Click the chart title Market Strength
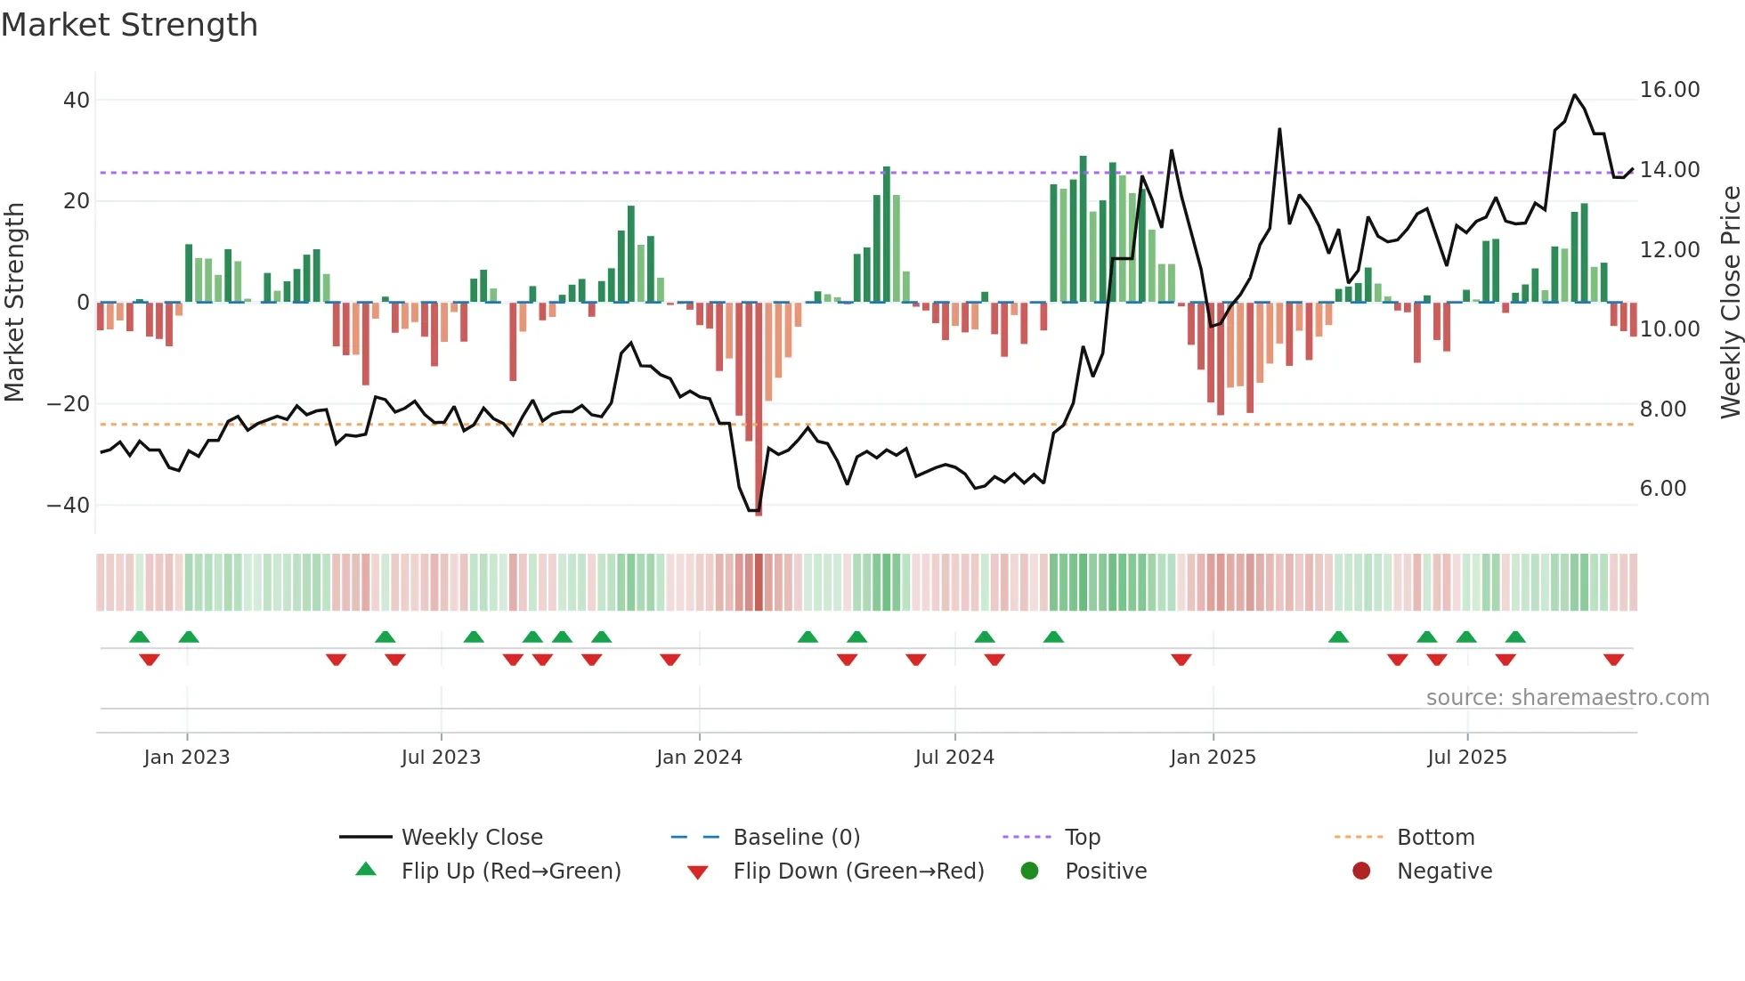(x=129, y=25)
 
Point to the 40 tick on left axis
(x=77, y=101)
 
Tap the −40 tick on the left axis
(x=69, y=506)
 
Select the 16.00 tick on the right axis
(x=1669, y=90)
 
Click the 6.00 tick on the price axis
(x=1663, y=489)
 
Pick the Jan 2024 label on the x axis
(x=699, y=758)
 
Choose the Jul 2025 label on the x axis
(x=1466, y=758)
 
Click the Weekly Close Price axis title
(x=1730, y=303)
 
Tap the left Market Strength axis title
(x=14, y=303)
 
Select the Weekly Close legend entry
(x=471, y=838)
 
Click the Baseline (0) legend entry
(x=796, y=838)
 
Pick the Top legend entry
(x=1082, y=838)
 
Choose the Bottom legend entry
(x=1435, y=838)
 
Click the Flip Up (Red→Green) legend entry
(x=510, y=872)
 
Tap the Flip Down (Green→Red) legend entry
(x=858, y=872)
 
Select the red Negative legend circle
(x=1361, y=871)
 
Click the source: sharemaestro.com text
(x=1567, y=698)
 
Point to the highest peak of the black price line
(x=1574, y=95)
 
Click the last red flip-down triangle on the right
(x=1613, y=660)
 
